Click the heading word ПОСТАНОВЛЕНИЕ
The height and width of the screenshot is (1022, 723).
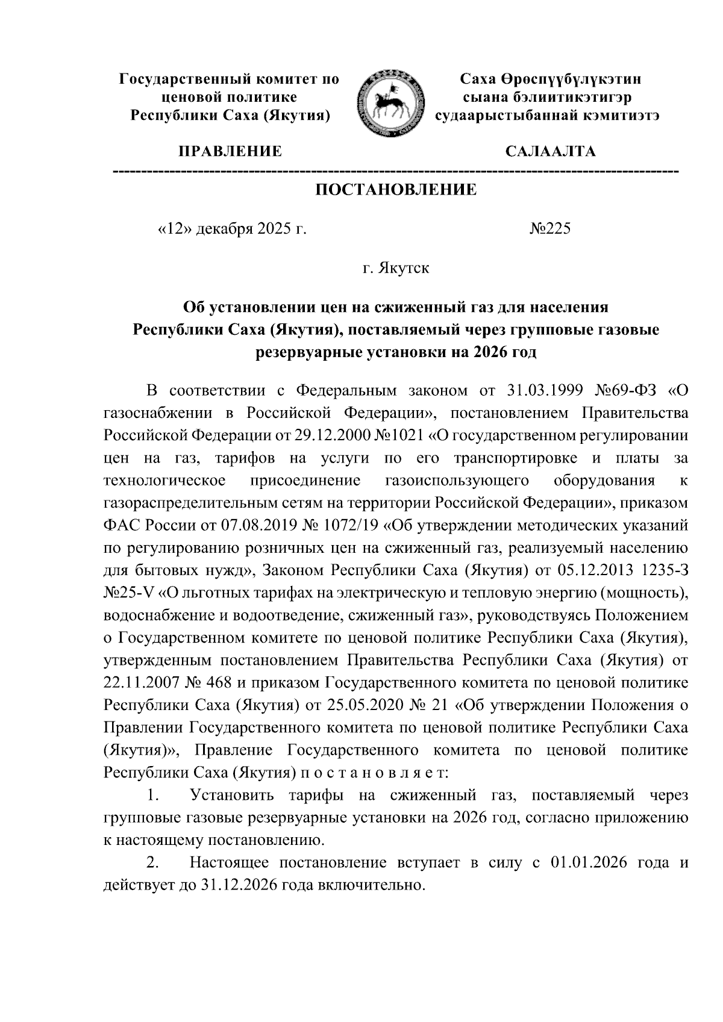coord(396,190)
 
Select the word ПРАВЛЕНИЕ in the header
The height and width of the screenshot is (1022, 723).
coord(228,151)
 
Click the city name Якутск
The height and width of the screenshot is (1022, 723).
coord(404,267)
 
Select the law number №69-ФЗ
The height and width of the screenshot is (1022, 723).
coord(624,390)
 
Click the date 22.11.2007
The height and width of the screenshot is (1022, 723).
coord(138,682)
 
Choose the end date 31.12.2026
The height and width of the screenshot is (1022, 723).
coord(232,885)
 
